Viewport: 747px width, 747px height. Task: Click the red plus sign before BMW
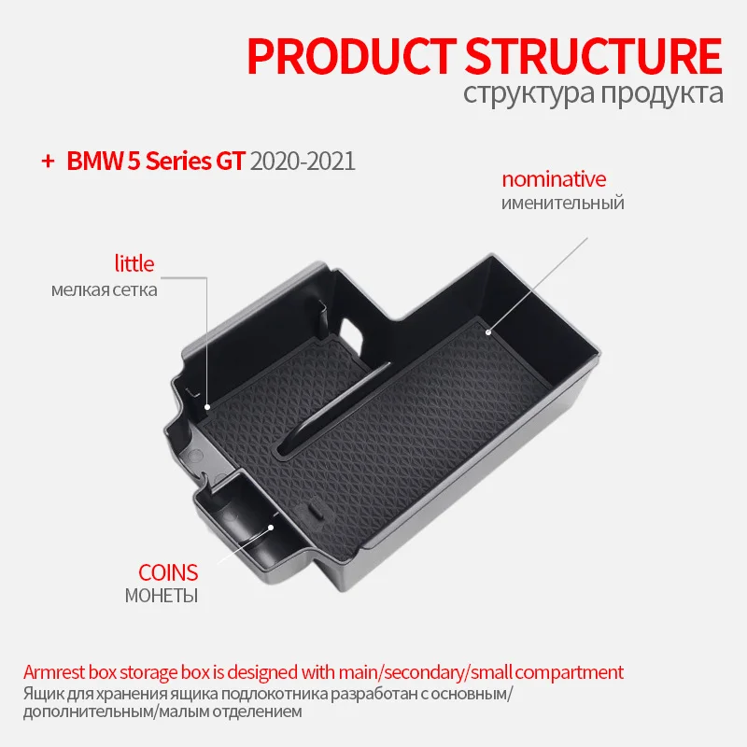(46, 160)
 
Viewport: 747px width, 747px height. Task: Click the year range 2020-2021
(303, 160)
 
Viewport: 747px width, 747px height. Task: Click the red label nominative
(554, 179)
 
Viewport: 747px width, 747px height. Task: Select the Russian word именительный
(562, 203)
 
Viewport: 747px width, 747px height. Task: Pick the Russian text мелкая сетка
(105, 289)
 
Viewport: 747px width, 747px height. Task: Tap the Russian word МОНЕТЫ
(162, 596)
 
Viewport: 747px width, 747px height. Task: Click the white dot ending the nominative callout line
(487, 329)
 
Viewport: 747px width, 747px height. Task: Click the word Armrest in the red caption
(53, 672)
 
